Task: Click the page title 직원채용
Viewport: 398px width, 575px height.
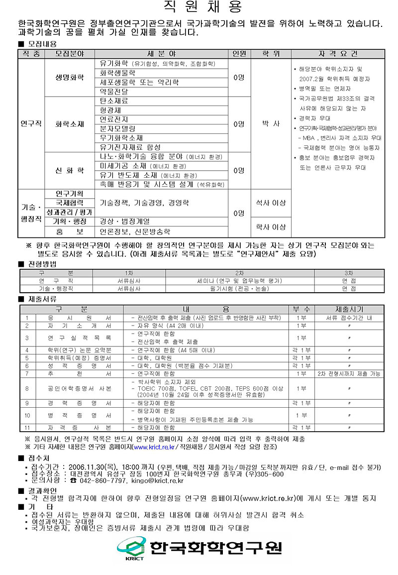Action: (x=202, y=7)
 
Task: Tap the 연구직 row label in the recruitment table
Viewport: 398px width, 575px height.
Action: (x=31, y=123)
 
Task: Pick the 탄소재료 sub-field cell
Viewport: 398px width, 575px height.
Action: (x=114, y=101)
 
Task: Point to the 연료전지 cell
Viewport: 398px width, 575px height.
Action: (x=114, y=119)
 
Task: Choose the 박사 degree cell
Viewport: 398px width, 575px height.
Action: (x=270, y=123)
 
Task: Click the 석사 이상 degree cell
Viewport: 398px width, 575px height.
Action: (x=270, y=203)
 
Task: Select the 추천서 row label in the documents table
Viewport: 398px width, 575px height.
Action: (x=79, y=373)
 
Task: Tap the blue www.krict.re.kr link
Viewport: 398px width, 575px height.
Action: (x=154, y=447)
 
